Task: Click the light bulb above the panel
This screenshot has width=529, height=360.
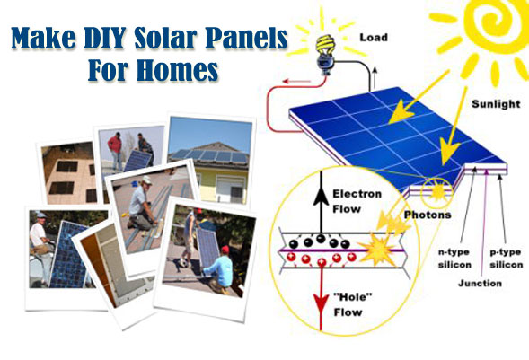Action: click(325, 54)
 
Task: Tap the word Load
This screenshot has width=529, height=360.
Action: click(374, 37)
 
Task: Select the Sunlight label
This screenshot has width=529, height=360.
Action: click(496, 104)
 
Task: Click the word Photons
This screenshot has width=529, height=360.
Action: click(428, 215)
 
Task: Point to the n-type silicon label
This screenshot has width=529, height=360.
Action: click(454, 259)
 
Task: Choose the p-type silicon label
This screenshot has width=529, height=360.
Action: click(506, 259)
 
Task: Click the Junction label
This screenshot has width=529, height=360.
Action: click(480, 283)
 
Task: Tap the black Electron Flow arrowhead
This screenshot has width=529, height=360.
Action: click(321, 197)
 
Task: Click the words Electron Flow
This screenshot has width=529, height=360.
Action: click(357, 201)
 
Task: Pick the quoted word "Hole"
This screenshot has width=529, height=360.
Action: click(353, 297)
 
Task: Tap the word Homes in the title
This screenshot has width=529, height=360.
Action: click(177, 70)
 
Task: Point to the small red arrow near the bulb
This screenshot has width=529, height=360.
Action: click(296, 81)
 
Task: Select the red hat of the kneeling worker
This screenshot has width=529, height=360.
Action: click(225, 250)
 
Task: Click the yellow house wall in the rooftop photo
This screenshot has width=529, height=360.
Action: click(210, 184)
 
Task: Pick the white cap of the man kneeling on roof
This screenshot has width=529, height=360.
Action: click(146, 180)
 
